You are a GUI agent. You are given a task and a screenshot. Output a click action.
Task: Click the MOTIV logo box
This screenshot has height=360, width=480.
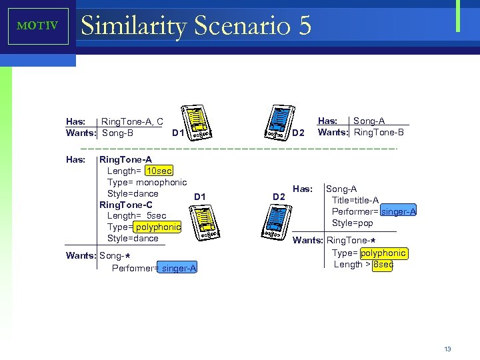coord(38,26)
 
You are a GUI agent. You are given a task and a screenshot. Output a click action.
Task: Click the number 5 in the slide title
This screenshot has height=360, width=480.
coord(305,27)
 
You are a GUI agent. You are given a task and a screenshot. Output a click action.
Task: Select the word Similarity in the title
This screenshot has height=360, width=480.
coord(133,27)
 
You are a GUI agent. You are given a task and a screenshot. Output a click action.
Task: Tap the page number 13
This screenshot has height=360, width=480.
coord(447,349)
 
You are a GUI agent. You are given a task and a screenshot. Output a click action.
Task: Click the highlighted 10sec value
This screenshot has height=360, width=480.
coord(159,171)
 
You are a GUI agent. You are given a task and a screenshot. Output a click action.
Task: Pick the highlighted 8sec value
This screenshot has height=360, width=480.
coord(383,265)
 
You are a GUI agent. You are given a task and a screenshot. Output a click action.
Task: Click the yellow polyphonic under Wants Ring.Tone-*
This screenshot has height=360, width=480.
coord(383,253)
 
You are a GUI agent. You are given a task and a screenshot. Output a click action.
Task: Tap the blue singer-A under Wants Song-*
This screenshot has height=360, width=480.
coord(179,268)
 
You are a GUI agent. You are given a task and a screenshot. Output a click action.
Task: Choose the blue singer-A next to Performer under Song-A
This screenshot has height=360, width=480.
coord(399,212)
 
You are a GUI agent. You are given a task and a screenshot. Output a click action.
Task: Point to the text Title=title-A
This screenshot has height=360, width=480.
coord(355,201)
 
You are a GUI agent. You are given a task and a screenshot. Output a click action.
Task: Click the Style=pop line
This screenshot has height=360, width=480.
coord(353,223)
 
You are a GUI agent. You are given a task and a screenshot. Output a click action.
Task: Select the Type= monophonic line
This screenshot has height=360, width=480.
coord(147,183)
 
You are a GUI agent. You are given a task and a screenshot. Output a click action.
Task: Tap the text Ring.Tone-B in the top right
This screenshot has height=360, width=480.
coord(379,132)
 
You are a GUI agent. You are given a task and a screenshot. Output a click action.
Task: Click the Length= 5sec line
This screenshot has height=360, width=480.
coord(137,216)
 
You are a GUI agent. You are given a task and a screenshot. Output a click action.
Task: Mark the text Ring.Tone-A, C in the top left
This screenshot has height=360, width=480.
coord(132,121)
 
